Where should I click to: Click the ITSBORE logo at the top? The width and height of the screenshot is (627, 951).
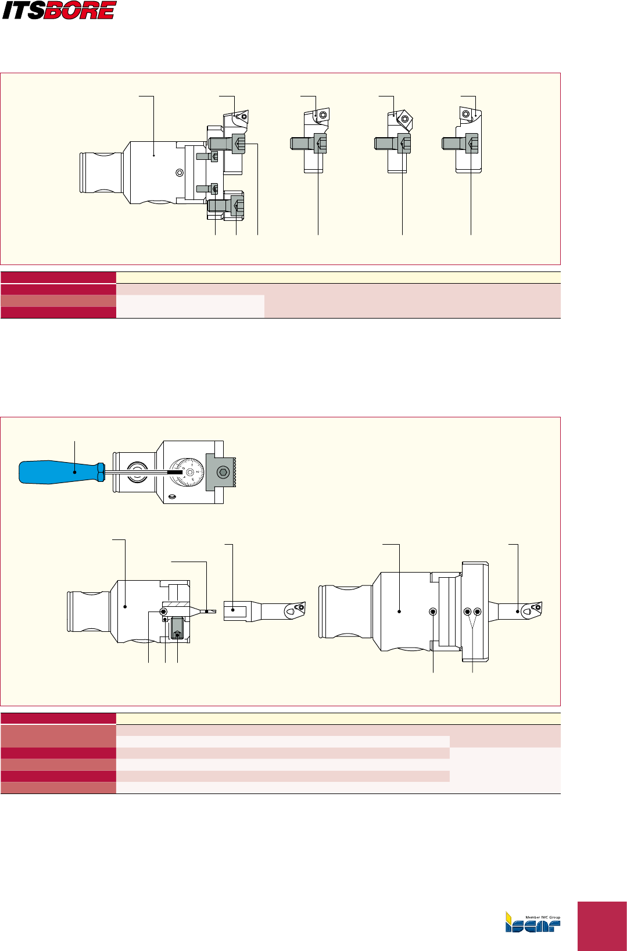pyautogui.click(x=59, y=10)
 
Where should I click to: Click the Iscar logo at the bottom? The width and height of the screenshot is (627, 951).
pyautogui.click(x=533, y=922)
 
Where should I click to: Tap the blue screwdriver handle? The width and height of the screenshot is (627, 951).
pyautogui.click(x=58, y=471)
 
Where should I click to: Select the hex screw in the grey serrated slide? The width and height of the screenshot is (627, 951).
pyautogui.click(x=222, y=472)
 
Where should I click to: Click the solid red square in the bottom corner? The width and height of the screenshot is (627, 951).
pyautogui.click(x=602, y=925)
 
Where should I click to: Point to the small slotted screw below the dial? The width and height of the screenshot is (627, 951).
pyautogui.click(x=171, y=497)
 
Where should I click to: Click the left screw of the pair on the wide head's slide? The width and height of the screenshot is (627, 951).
pyautogui.click(x=467, y=612)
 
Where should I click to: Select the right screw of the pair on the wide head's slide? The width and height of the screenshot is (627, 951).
pyautogui.click(x=478, y=612)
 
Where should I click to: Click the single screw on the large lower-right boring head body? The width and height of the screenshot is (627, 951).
pyautogui.click(x=433, y=612)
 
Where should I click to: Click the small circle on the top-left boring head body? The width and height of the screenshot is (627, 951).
pyautogui.click(x=180, y=173)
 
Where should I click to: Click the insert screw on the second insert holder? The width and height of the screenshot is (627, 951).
pyautogui.click(x=321, y=115)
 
